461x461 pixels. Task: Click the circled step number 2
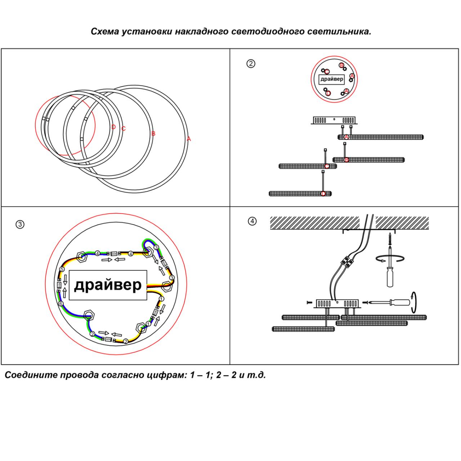(251, 64)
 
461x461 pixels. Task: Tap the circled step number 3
(20, 224)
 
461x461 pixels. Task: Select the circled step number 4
(252, 221)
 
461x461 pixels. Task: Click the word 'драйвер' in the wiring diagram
(108, 285)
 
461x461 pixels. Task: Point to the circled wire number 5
(62, 269)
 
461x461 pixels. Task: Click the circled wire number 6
(61, 304)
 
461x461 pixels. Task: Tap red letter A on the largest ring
(189, 139)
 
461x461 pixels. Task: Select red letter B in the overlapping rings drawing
(153, 134)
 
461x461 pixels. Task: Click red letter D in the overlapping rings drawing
(113, 127)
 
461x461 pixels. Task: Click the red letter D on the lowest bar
(323, 194)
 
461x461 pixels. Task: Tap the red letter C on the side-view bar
(327, 166)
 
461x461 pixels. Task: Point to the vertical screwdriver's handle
(390, 278)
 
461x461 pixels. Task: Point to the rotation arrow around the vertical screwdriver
(390, 258)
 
